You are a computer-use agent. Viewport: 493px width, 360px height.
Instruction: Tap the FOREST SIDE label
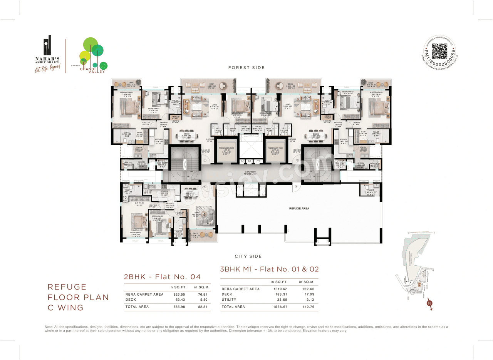tap(246, 68)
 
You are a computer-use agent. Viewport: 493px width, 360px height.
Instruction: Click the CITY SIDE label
tap(248, 256)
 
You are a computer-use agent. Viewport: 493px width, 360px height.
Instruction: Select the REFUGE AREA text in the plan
tap(299, 208)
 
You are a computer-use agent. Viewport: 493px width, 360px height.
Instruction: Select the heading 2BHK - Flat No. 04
tap(162, 276)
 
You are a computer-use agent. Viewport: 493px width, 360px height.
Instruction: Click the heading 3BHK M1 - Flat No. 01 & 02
tap(269, 269)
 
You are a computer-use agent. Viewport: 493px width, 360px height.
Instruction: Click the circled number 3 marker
tap(296, 187)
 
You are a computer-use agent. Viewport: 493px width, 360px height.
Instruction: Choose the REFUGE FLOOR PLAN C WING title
tap(78, 297)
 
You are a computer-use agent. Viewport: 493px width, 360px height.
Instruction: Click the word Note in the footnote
tap(49, 327)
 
